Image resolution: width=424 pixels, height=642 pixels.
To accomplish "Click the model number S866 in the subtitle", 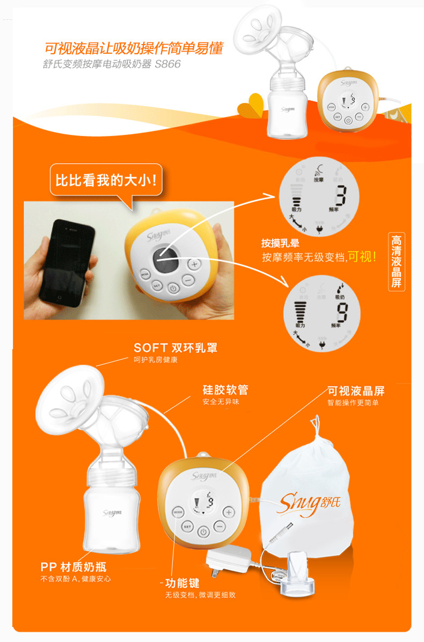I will pyautogui.click(x=168, y=64).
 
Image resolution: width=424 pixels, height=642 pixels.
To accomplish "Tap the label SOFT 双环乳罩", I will pyautogui.click(x=176, y=348).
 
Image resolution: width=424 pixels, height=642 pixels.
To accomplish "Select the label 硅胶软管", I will pyautogui.click(x=225, y=390).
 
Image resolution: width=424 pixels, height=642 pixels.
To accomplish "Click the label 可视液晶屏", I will pyautogui.click(x=356, y=391).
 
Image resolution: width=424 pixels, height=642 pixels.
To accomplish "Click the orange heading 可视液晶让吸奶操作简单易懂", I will pyautogui.click(x=133, y=48).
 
